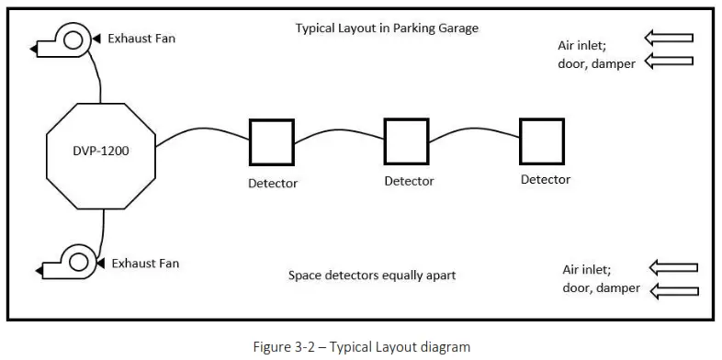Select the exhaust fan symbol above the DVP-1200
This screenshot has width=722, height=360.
click(x=64, y=39)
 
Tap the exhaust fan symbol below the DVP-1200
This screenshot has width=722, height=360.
click(x=66, y=264)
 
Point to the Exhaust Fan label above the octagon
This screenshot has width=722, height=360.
click(x=141, y=39)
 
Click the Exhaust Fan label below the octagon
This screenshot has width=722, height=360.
click(x=145, y=264)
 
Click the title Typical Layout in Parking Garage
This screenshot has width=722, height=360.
click(x=387, y=28)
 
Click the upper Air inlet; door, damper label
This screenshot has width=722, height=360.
click(x=596, y=55)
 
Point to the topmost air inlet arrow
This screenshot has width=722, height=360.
click(x=669, y=39)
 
